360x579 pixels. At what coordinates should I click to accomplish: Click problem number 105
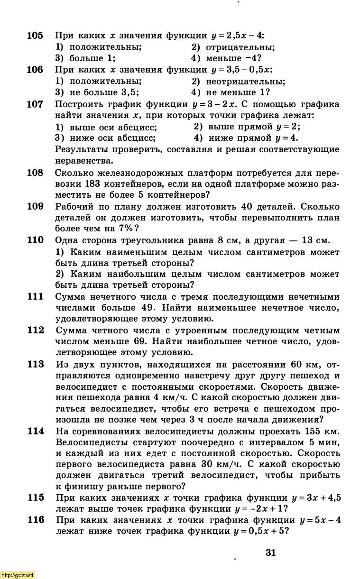tap(35, 36)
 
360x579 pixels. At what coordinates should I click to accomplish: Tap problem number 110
tap(35, 240)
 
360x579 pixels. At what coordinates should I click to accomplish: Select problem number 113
tap(35, 364)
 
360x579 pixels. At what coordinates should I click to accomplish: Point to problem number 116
tap(35, 520)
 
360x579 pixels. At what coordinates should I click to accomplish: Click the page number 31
tap(271, 552)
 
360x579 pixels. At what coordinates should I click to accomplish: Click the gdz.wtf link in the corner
tap(18, 575)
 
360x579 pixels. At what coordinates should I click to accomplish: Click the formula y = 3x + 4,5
tap(317, 497)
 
